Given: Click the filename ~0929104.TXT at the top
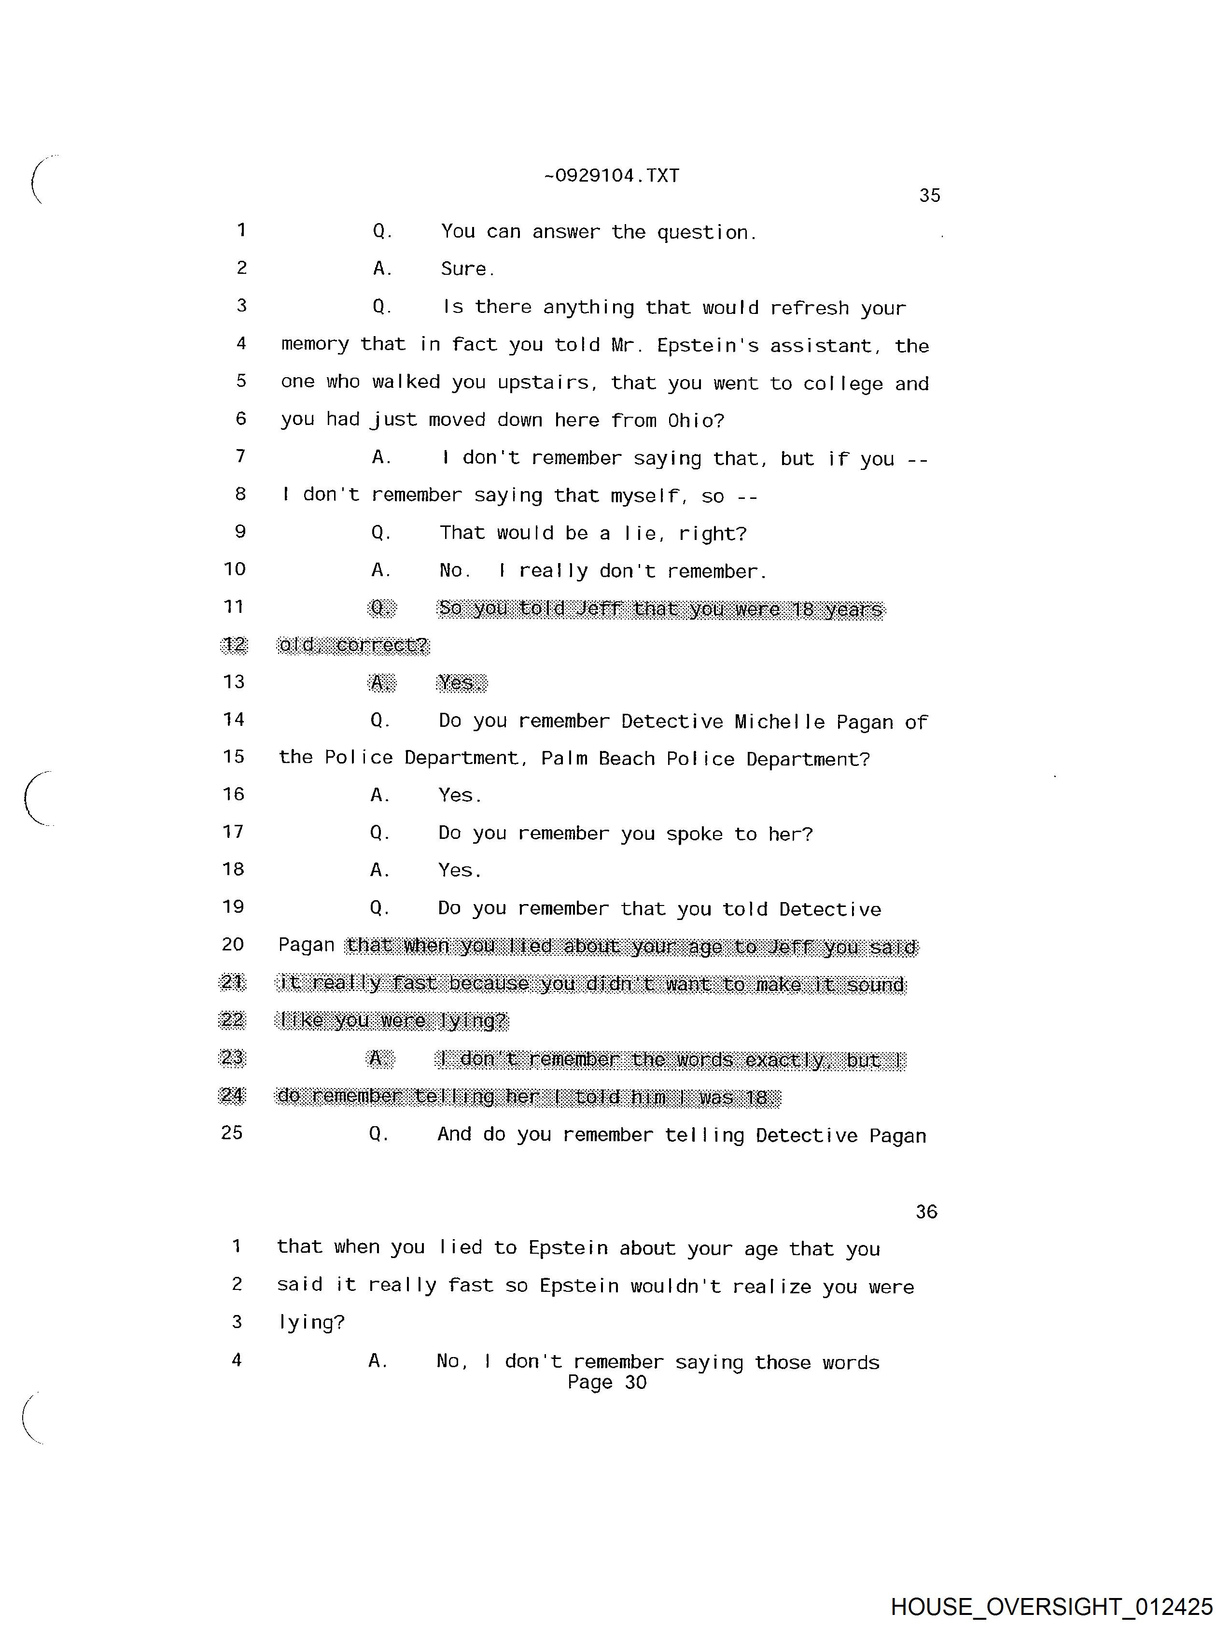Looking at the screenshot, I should click(x=611, y=176).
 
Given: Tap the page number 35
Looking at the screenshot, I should click(x=929, y=196).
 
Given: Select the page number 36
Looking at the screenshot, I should click(x=926, y=1211).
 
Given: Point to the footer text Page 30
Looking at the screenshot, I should click(x=607, y=1382).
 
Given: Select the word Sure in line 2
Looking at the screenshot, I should click(x=463, y=269).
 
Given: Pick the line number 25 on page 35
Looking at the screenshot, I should click(x=232, y=1133).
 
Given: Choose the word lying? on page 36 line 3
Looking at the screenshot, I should click(x=311, y=1322).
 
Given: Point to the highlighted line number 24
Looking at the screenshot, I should click(x=232, y=1096).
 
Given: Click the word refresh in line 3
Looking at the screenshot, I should click(x=809, y=308).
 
